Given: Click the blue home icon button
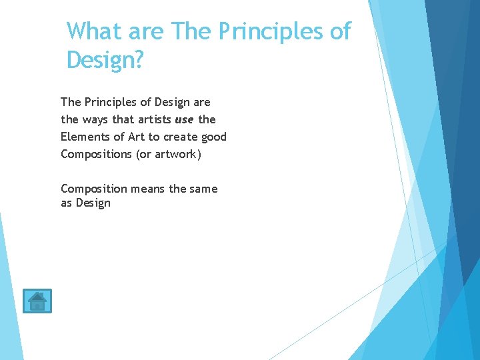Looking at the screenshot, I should (37, 301).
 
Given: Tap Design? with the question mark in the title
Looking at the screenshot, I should (105, 60).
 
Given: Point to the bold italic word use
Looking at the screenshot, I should (185, 119).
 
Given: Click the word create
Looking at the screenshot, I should (180, 137).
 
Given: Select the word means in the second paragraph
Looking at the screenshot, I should (148, 189).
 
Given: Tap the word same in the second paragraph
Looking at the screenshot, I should (203, 189).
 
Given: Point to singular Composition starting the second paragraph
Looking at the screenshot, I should (93, 189).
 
